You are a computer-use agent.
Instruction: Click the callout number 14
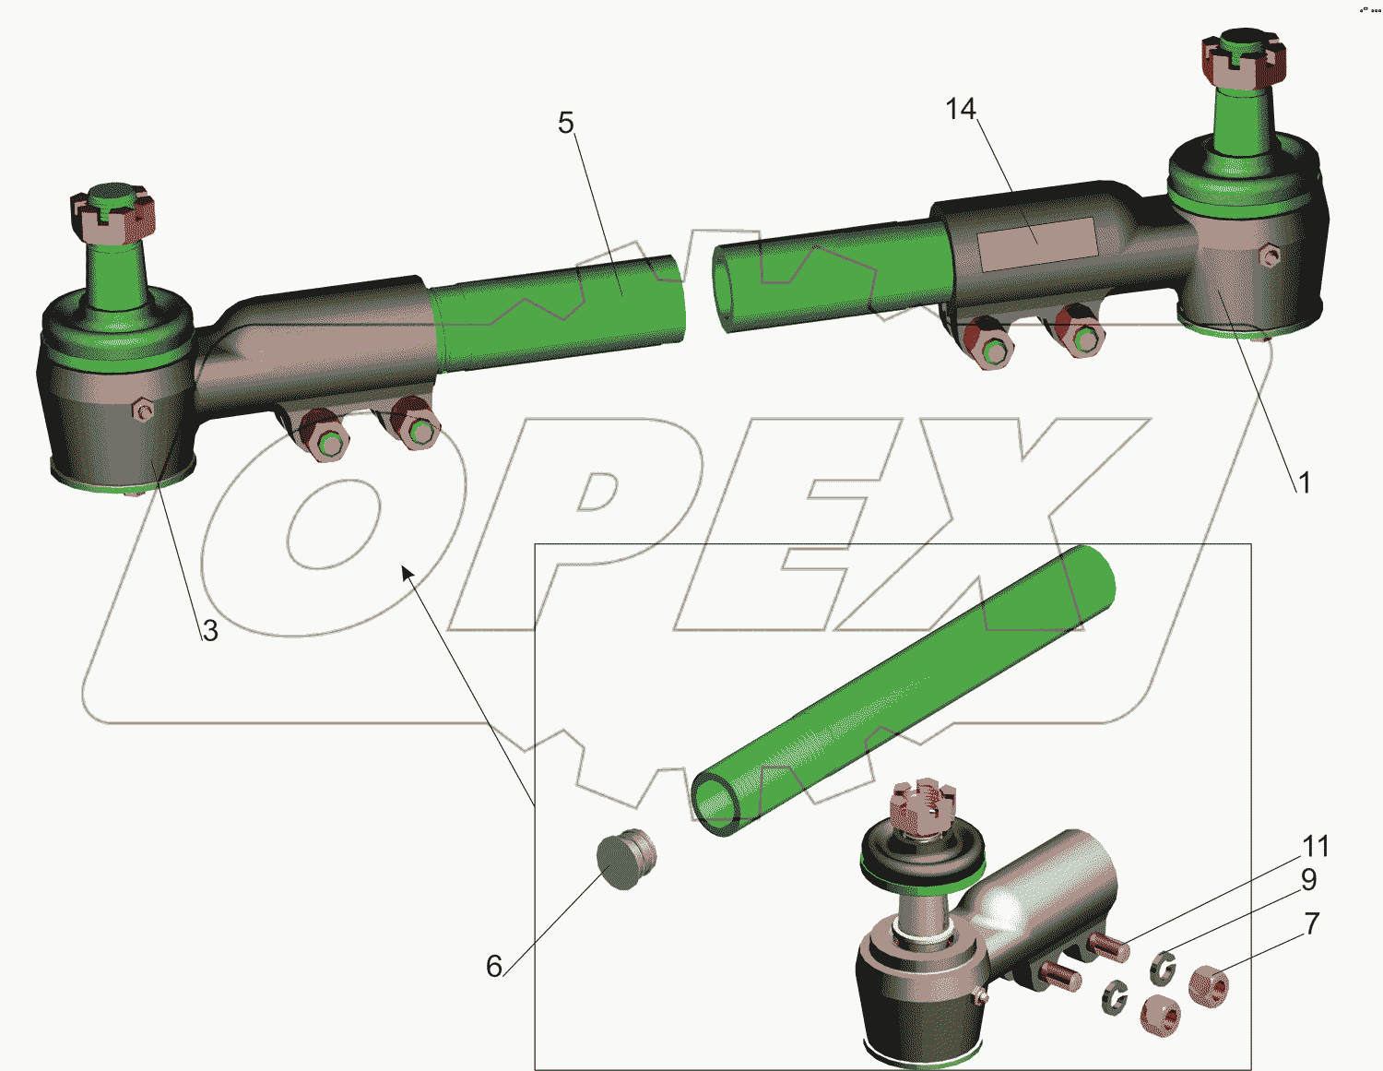[961, 110]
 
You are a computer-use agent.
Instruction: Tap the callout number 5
[566, 123]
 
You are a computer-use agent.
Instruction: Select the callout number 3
[210, 630]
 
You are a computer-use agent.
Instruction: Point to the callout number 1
[1304, 482]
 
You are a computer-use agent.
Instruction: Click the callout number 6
[494, 966]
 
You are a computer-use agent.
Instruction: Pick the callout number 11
[1316, 846]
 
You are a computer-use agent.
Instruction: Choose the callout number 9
[1308, 879]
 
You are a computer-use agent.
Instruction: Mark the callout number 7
[1311, 923]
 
